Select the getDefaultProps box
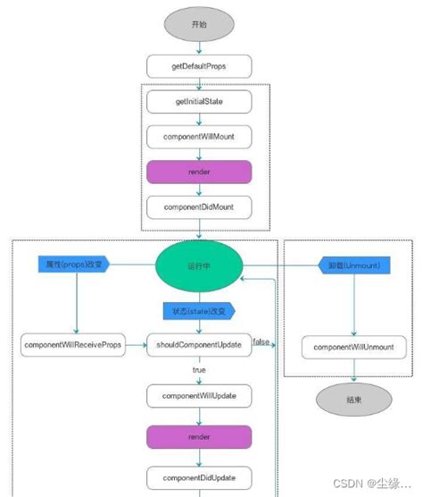click(199, 66)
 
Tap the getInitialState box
click(199, 102)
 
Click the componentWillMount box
click(199, 137)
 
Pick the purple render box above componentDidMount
click(199, 172)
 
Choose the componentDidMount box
click(199, 206)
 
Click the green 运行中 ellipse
click(199, 265)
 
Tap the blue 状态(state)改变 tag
click(198, 310)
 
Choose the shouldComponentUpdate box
click(199, 344)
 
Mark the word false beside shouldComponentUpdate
click(261, 341)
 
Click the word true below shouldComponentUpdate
click(199, 369)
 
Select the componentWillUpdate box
click(199, 394)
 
